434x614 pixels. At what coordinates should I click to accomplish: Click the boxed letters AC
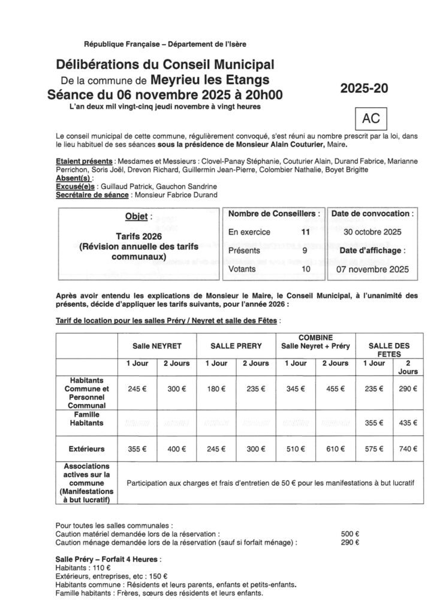point(372,119)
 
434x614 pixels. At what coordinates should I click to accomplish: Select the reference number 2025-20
point(364,88)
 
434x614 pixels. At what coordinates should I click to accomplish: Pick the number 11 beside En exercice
point(306,232)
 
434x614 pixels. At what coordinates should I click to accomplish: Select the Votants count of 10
point(306,270)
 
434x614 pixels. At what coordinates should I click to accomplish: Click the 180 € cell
point(216,389)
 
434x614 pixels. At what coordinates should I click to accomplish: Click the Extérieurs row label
point(86,448)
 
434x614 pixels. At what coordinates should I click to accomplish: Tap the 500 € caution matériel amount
point(349,533)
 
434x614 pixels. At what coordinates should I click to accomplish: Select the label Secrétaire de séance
point(91,195)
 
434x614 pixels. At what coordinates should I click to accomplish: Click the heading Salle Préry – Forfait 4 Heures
point(108,559)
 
